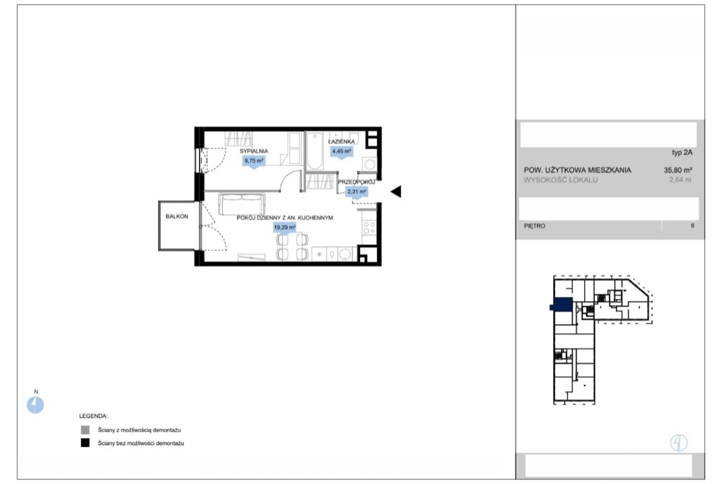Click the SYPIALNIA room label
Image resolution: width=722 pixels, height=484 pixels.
tap(254, 151)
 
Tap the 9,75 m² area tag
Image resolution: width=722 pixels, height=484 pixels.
tap(254, 161)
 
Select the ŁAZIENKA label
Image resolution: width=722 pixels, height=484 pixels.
tap(341, 142)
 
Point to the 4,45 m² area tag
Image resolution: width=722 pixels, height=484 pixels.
tap(342, 151)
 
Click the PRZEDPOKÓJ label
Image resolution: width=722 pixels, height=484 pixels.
tap(357, 182)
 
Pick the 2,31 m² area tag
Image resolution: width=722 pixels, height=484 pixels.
tap(357, 192)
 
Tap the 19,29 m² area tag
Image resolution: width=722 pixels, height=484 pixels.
tap(284, 228)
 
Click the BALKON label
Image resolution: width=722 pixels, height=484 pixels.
tap(177, 216)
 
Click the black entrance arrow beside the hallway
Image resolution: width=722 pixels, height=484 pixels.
tap(396, 191)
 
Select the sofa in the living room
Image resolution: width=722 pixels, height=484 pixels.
tap(242, 204)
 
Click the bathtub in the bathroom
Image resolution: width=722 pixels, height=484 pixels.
tap(315, 151)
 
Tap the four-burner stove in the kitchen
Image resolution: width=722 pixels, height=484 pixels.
tap(369, 228)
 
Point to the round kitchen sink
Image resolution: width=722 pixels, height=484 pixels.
tap(345, 254)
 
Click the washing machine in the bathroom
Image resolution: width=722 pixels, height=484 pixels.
tap(369, 164)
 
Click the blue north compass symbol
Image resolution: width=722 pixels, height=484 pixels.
tap(35, 405)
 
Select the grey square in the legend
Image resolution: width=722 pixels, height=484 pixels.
tap(85, 430)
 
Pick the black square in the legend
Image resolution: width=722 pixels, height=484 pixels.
tap(85, 443)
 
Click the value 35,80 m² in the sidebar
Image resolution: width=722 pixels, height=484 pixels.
tap(678, 170)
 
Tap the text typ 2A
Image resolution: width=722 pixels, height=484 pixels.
tap(682, 153)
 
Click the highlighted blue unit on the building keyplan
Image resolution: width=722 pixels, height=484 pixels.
tap(562, 305)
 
